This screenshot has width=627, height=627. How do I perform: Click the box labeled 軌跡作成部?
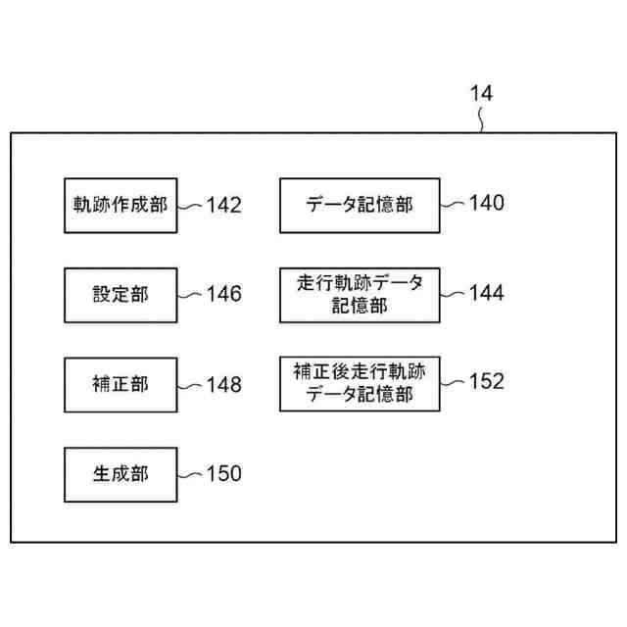pos(121,205)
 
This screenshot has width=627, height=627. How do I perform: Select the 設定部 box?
pos(121,294)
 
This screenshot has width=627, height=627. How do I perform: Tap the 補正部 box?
pos(121,384)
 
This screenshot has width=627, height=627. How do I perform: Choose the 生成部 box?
pos(121,474)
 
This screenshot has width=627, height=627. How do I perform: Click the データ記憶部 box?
pos(360,205)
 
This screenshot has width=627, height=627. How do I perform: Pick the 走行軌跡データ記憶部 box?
pos(360,294)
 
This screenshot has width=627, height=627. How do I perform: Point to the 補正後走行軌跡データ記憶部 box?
pos(360,383)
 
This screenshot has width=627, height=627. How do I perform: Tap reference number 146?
pos(223,294)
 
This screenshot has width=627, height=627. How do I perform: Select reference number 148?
pos(223,384)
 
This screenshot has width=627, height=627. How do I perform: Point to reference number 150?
pos(223,474)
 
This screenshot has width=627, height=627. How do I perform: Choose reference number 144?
pos(486,293)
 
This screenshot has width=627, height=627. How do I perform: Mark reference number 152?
pos(486,381)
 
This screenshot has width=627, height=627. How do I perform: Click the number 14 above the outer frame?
pos(481,94)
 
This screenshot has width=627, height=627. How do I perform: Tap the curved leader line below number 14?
pos(481,121)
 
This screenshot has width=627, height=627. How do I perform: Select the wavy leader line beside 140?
pos(454,204)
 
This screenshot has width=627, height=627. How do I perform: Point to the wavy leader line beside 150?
pos(191,474)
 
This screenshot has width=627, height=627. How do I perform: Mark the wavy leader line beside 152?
pos(454,383)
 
